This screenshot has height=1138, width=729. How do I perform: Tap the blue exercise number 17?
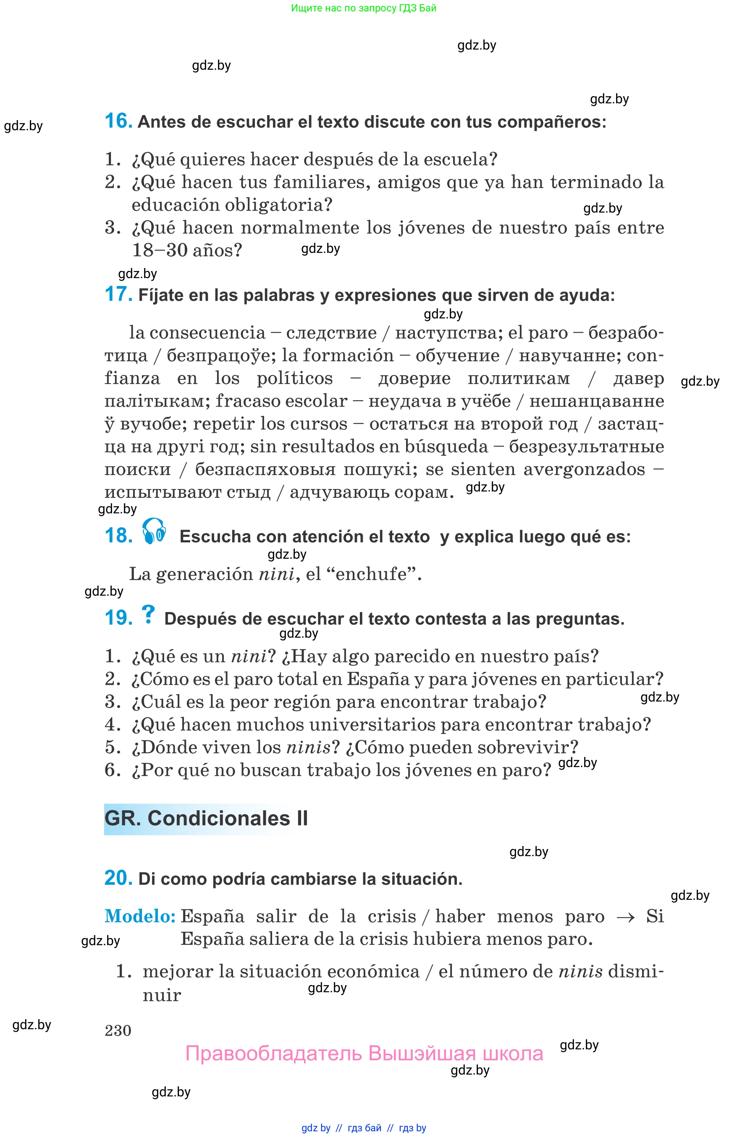point(118,294)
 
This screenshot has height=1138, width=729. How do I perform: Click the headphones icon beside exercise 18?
point(154,531)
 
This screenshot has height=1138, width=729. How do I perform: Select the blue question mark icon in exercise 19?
point(148,615)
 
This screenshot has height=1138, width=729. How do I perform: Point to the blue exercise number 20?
point(118,878)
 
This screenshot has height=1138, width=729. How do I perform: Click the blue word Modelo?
point(140,916)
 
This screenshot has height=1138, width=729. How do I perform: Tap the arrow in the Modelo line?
point(625,917)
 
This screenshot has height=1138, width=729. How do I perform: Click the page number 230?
point(118,1030)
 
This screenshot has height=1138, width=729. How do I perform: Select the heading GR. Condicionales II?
point(206,818)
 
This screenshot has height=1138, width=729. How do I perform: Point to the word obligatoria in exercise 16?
point(278,205)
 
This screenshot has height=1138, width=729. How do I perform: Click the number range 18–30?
point(160,250)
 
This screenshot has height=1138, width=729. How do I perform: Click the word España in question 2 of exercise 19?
point(378,679)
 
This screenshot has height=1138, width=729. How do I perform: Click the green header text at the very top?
point(364,8)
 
